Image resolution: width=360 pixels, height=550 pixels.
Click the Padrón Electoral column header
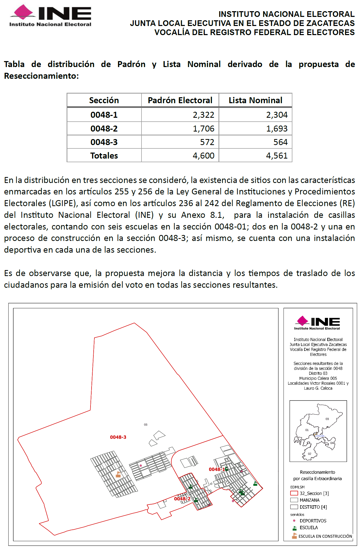click(180, 100)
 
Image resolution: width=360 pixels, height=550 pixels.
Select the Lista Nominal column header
click(255, 100)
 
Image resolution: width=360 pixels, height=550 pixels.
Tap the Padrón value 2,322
click(203, 115)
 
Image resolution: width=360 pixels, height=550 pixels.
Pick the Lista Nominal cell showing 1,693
click(277, 128)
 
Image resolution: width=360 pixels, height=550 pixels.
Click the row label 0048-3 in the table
click(104, 142)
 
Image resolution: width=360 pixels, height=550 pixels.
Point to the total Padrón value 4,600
click(203, 155)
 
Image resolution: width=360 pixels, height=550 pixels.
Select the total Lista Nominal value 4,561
click(277, 155)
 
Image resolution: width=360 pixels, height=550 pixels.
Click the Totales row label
click(104, 155)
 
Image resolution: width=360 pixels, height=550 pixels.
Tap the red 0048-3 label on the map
click(118, 437)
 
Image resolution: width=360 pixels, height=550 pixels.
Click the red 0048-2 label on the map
click(182, 499)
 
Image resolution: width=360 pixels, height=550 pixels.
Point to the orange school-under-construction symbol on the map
click(118, 474)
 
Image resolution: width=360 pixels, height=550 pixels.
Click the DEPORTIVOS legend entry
click(313, 521)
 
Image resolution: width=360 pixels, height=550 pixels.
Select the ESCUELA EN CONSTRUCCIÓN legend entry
click(325, 536)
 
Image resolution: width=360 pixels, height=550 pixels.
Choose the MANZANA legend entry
click(309, 500)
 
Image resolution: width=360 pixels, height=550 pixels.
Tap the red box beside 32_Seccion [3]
click(294, 493)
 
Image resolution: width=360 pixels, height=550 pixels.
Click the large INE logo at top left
click(50, 16)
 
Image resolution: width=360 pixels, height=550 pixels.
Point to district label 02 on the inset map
click(310, 454)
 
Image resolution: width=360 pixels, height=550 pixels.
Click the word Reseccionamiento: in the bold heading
click(41, 76)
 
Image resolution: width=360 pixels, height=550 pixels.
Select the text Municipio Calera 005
click(318, 378)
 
